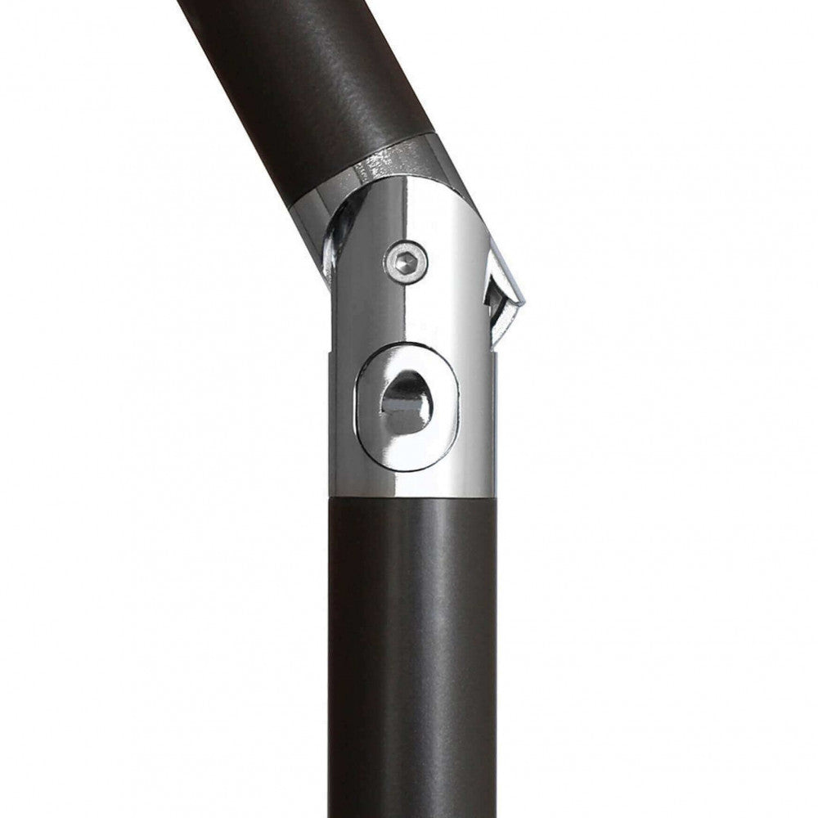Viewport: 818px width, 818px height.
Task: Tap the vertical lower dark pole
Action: click(x=411, y=654)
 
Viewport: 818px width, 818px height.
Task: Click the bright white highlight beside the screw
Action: click(x=446, y=262)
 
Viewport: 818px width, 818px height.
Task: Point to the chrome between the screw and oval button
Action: click(x=407, y=315)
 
